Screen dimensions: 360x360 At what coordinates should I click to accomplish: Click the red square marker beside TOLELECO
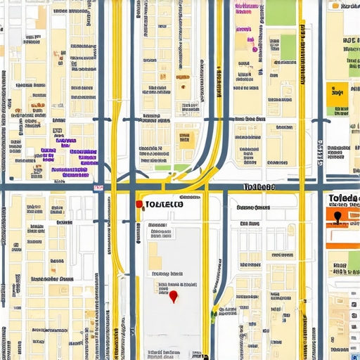point(139,204)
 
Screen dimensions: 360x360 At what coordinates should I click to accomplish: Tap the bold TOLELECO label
point(163,205)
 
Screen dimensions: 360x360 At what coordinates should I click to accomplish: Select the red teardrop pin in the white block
point(173,297)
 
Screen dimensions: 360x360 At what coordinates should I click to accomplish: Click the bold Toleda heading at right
point(344,198)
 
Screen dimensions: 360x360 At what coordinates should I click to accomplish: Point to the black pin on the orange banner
point(337,217)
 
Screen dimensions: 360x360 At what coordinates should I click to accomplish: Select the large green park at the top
point(281,12)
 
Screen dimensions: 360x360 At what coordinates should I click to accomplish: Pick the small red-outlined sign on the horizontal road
point(98,188)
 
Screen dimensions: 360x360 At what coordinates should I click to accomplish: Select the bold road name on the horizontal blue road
point(258,187)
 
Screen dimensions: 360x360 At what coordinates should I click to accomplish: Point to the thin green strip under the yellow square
point(337,111)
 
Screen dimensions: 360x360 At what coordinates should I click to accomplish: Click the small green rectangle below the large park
point(288,42)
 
